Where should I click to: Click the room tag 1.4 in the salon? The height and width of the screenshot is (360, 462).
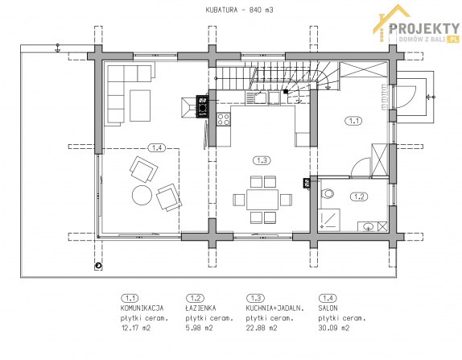click(157, 147)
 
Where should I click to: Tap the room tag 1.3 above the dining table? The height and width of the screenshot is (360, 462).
click(262, 160)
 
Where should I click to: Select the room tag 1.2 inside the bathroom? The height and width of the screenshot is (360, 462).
click(359, 197)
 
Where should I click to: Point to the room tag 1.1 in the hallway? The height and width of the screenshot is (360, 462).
click(353, 121)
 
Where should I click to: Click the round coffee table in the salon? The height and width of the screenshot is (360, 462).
click(142, 195)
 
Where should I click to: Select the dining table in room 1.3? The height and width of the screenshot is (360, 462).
click(262, 200)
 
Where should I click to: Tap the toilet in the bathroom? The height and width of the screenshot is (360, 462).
click(327, 194)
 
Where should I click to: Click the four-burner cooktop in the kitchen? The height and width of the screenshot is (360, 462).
click(223, 119)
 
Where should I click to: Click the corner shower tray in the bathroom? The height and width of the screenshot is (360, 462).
click(329, 220)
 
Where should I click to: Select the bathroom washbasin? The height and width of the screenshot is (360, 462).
click(368, 226)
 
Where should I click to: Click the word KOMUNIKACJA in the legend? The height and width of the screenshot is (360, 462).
click(142, 308)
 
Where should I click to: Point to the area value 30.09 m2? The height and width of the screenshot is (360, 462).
click(334, 328)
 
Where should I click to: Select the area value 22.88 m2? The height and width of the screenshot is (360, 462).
click(262, 328)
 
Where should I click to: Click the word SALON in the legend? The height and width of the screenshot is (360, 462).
click(328, 308)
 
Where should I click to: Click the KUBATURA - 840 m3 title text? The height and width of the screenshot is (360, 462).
click(239, 10)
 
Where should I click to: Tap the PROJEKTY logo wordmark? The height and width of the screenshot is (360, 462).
click(424, 29)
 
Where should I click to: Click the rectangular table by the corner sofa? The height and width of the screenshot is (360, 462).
click(140, 106)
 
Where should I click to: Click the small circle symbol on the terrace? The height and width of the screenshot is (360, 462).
click(98, 267)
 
